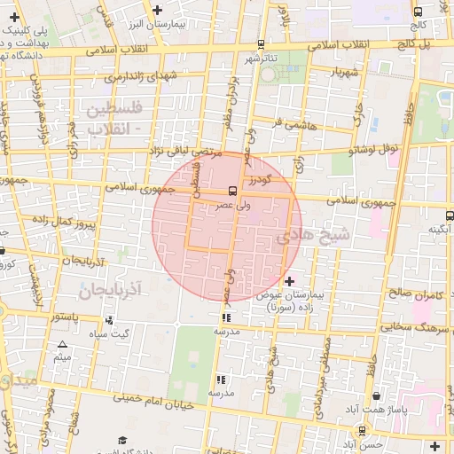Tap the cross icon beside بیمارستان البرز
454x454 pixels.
click(158, 11)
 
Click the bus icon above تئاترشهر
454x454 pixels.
click(261, 43)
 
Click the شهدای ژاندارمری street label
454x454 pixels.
click(141, 77)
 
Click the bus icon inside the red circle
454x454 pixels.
click(232, 190)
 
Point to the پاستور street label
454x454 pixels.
click(65, 317)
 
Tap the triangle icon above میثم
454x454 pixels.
click(62, 344)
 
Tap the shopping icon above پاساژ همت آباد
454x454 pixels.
click(380, 395)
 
